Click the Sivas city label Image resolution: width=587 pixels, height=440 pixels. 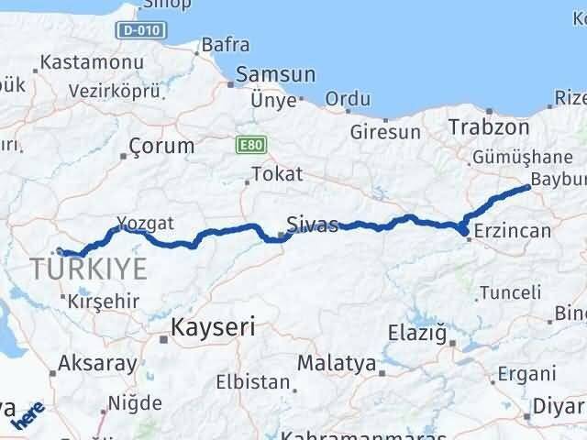[x=312, y=224]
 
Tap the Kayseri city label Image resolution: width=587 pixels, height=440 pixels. [x=215, y=326]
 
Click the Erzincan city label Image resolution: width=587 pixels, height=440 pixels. [x=513, y=231]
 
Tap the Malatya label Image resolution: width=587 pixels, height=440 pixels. [x=337, y=363]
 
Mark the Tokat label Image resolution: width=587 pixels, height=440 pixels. [x=276, y=174]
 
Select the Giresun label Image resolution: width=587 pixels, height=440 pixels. [x=381, y=131]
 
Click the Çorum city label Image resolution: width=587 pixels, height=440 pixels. [x=161, y=145]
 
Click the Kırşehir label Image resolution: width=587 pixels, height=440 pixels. [x=104, y=301]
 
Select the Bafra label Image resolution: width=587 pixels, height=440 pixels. [x=225, y=43]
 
